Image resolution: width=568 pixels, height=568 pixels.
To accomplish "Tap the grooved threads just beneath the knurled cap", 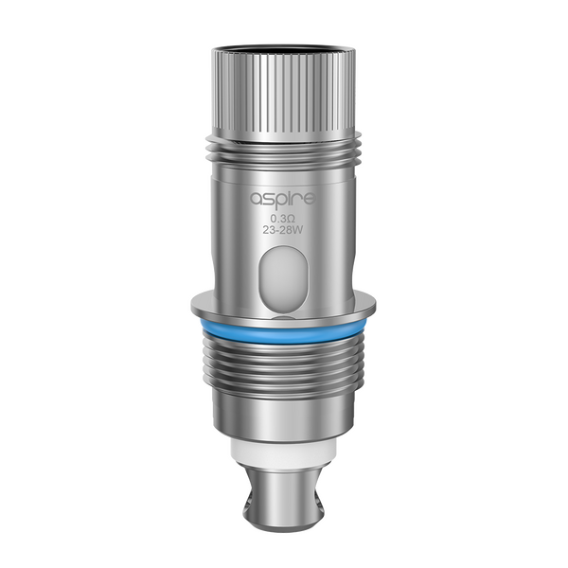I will coord(284,152).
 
